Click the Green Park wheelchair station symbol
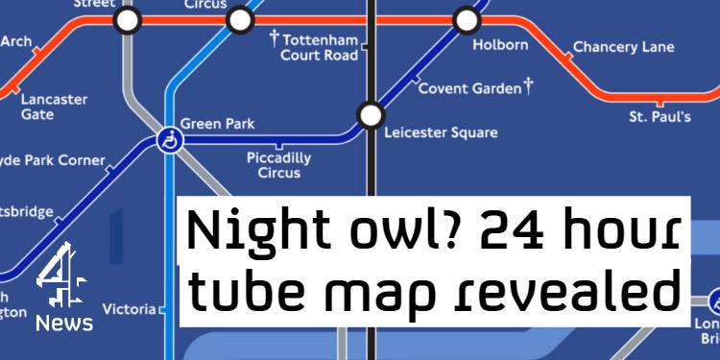click(169, 142)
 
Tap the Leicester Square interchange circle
click(370, 115)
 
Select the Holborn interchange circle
click(467, 18)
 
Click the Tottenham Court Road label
click(320, 47)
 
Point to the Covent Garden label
click(469, 89)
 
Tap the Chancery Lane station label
click(623, 47)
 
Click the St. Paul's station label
click(660, 118)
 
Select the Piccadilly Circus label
click(279, 165)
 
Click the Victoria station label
click(129, 309)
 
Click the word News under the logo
click(64, 324)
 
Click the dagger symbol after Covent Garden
click(528, 87)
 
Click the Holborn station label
click(501, 45)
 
